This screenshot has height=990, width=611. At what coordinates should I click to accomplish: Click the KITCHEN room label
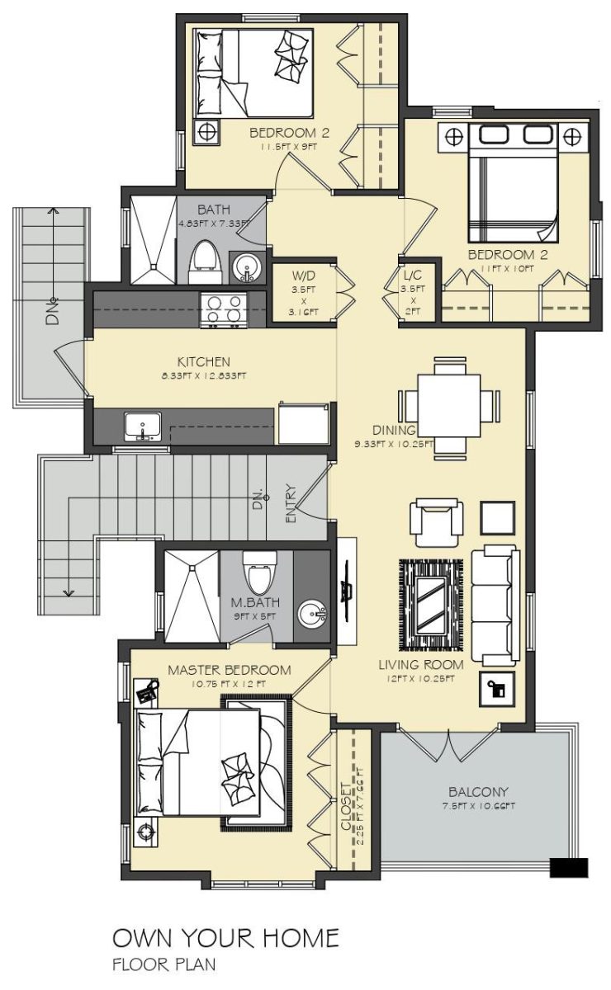203,362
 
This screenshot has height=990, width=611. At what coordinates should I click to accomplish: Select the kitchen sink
143,427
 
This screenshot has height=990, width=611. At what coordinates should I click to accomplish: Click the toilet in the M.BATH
260,573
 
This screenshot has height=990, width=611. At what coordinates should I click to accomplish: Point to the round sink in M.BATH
312,614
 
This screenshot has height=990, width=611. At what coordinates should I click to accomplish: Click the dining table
449,405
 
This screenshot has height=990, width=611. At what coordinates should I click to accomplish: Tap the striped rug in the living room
431,605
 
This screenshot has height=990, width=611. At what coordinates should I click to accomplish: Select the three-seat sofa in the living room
495,605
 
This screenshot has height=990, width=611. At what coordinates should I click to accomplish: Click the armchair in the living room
437,522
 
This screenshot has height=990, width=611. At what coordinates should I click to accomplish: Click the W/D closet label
304,276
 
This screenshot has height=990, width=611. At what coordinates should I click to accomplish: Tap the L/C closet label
413,276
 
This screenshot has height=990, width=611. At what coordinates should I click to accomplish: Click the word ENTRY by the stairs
291,504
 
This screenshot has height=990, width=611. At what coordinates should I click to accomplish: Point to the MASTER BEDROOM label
230,670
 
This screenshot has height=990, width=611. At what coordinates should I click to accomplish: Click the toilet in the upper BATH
205,262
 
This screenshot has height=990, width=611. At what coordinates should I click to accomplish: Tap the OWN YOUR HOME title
225,938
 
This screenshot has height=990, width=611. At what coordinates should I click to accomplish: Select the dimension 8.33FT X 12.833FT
203,376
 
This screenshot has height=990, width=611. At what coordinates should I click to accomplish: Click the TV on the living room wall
347,585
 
